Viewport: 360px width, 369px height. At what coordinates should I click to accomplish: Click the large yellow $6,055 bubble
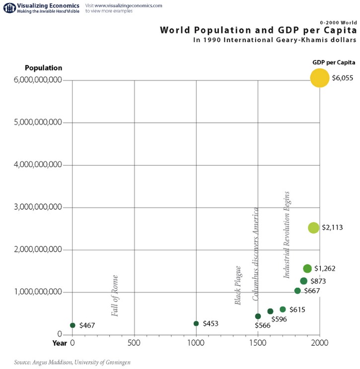[319, 78]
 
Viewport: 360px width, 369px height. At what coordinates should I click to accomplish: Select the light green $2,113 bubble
[313, 228]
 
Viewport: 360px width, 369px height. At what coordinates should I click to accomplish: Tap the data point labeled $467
[72, 325]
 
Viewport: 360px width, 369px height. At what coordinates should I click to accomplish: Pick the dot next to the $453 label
[196, 323]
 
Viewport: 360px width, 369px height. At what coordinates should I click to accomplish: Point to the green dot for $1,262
[307, 268]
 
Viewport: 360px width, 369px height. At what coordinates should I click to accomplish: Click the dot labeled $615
[283, 309]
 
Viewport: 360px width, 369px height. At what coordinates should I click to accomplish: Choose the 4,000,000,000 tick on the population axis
[38, 164]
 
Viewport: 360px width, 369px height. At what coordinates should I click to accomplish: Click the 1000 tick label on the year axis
[196, 343]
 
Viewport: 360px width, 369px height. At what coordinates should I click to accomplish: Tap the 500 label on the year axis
[134, 343]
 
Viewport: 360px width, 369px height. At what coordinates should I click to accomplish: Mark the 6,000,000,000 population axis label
[38, 80]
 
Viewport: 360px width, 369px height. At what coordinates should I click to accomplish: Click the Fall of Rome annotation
[115, 296]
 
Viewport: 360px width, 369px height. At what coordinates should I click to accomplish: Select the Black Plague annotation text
[238, 285]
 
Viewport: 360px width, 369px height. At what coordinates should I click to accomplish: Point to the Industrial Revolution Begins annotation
[286, 235]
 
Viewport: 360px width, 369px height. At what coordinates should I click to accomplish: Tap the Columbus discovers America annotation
[255, 254]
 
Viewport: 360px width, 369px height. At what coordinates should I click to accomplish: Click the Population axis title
[44, 68]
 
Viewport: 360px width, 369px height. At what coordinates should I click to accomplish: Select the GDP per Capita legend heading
[334, 62]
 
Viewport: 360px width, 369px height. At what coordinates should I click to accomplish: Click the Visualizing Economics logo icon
[9, 8]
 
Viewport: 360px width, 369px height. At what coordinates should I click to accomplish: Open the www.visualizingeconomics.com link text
[129, 5]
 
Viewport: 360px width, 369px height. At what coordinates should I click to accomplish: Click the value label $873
[318, 281]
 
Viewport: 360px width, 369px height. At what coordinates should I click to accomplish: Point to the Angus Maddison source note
[72, 362]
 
